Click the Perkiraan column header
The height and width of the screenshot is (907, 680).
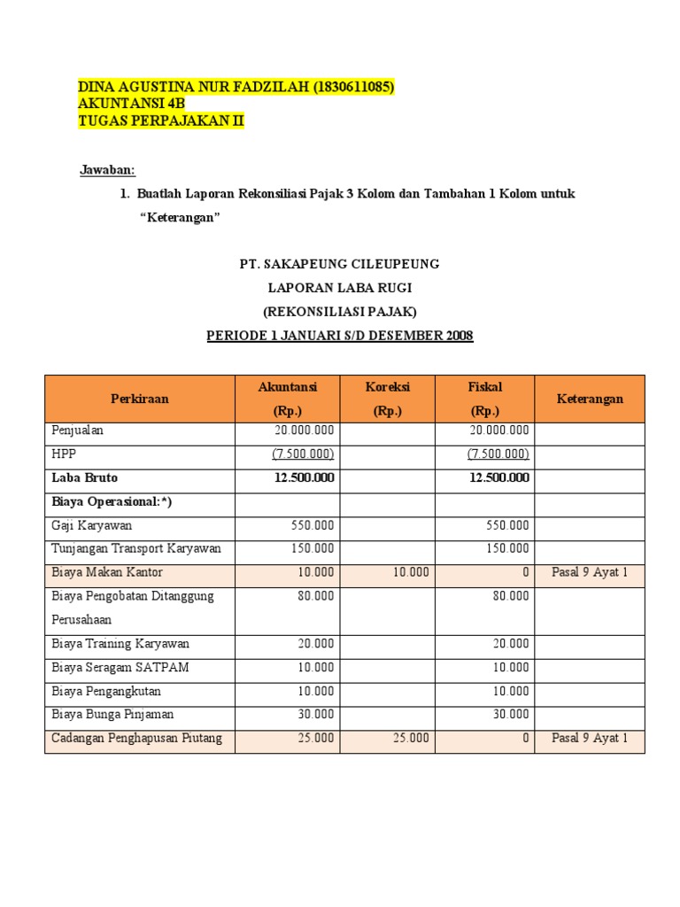tap(139, 399)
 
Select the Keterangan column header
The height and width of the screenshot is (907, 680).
tap(590, 399)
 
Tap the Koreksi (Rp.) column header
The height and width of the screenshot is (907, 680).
tap(388, 399)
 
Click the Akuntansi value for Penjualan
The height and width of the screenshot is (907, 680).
tap(305, 430)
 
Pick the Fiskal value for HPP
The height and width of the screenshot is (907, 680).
tap(498, 454)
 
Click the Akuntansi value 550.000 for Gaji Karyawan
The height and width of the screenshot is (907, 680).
tap(313, 525)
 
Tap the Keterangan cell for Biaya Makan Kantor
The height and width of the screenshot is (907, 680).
tap(590, 572)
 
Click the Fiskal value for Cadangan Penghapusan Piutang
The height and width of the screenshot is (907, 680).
tap(525, 738)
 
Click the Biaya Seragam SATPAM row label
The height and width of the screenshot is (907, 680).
tap(120, 667)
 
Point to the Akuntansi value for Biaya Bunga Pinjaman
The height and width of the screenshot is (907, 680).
tap(316, 714)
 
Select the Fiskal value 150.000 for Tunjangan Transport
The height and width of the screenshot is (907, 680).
tap(507, 549)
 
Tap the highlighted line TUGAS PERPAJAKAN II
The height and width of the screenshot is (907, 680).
tap(160, 121)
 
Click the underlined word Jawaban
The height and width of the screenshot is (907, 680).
tap(108, 170)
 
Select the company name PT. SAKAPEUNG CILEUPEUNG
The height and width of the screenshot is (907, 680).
tap(340, 264)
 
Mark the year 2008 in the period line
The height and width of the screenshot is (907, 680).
tap(459, 336)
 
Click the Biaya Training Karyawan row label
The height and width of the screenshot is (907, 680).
tap(120, 643)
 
